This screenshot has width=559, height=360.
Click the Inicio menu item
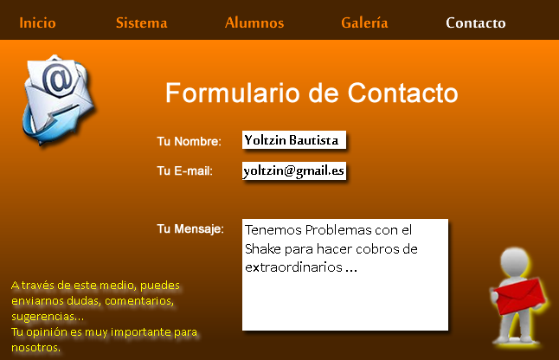coord(37,22)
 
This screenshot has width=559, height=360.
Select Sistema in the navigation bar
coord(142,22)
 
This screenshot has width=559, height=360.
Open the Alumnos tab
coord(254,22)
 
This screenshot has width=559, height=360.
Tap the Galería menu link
coord(364,22)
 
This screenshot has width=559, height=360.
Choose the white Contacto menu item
coord(476,22)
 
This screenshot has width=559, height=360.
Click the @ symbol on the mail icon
coord(58,80)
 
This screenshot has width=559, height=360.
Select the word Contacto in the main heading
coord(403,93)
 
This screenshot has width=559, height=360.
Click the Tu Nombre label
coord(189,141)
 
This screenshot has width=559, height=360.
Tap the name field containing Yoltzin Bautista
coord(294,139)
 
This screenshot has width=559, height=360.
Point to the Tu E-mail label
coord(184,170)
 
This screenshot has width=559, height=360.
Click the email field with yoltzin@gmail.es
coord(294,170)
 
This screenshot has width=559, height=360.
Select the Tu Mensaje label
coord(190,228)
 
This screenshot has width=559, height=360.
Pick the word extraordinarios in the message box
coord(293,267)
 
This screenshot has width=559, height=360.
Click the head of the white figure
coord(515,260)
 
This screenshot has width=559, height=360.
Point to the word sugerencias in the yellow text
coord(43,317)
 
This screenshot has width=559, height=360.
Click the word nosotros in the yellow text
coord(35,348)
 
